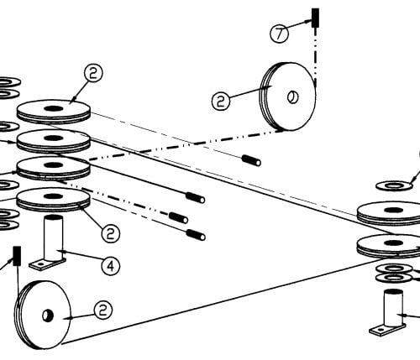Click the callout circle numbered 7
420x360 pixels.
pyautogui.click(x=279, y=34)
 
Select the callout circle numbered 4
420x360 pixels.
pyautogui.click(x=111, y=265)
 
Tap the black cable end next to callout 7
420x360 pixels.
pyautogui.click(x=315, y=18)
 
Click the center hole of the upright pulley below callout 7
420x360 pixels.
pyautogui.click(x=293, y=97)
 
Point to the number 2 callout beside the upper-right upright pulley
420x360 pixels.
pyautogui.click(x=221, y=101)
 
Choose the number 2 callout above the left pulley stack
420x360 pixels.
pyautogui.click(x=93, y=73)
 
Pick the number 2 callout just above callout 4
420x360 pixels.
pyautogui.click(x=111, y=233)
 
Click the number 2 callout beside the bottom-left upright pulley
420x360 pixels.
pyautogui.click(x=103, y=310)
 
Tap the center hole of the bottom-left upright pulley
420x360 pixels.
pyautogui.click(x=47, y=316)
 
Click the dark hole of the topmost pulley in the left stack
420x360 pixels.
pyautogui.click(x=53, y=108)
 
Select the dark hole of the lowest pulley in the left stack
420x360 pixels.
pyautogui.click(x=53, y=196)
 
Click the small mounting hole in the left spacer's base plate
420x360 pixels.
pyautogui.click(x=41, y=263)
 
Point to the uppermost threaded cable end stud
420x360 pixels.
pyautogui.click(x=251, y=160)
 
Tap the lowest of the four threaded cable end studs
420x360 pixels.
pyautogui.click(x=196, y=235)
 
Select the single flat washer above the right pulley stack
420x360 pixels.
pyautogui.click(x=394, y=185)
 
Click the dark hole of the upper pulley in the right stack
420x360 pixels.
pyautogui.click(x=394, y=210)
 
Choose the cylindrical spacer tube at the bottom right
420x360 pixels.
pyautogui.click(x=393, y=308)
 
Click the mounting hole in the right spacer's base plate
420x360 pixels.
pyautogui.click(x=380, y=330)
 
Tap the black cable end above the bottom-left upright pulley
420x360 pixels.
pyautogui.click(x=17, y=256)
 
